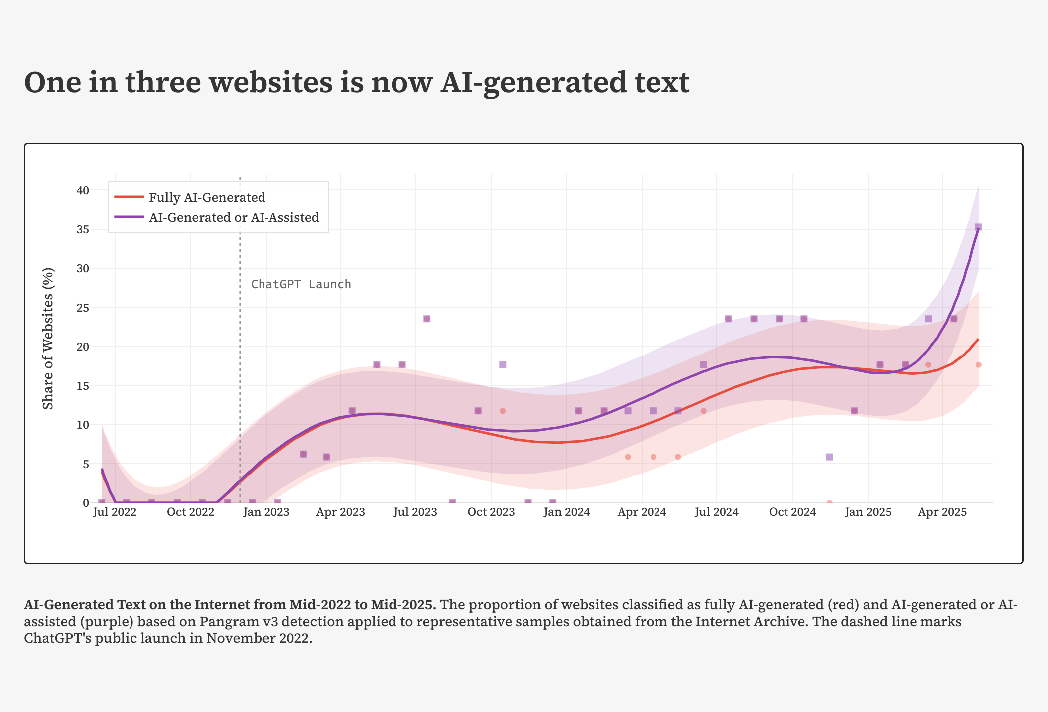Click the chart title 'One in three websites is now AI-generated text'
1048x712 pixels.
357,82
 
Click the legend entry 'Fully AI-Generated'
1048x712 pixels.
207,197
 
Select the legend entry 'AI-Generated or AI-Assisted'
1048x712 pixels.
234,217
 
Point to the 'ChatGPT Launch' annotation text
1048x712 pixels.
301,284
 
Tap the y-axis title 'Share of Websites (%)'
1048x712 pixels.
48,339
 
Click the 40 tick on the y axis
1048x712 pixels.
83,190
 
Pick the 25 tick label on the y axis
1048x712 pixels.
83,308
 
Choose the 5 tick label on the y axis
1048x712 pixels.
86,464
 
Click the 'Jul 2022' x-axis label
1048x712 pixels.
115,512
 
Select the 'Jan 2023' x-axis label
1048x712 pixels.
266,512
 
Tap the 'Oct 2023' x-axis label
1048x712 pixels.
491,512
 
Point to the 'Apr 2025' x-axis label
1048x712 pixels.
942,512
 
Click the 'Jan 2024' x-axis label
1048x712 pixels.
567,512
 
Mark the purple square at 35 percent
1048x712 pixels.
978,227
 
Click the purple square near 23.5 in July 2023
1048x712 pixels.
427,319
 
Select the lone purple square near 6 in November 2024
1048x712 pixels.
829,457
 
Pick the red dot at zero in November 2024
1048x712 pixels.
829,502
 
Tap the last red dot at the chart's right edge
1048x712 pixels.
978,365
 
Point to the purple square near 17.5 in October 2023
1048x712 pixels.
503,365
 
